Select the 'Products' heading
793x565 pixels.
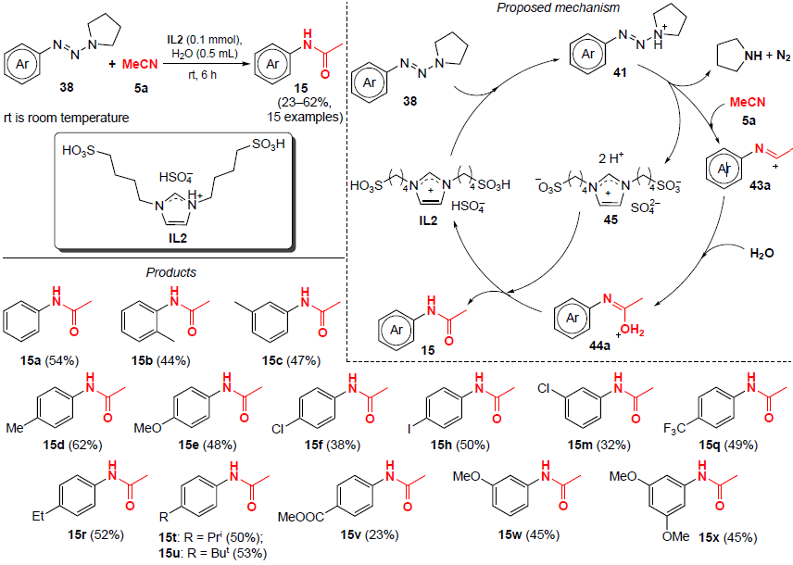pyautogui.click(x=170, y=273)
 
